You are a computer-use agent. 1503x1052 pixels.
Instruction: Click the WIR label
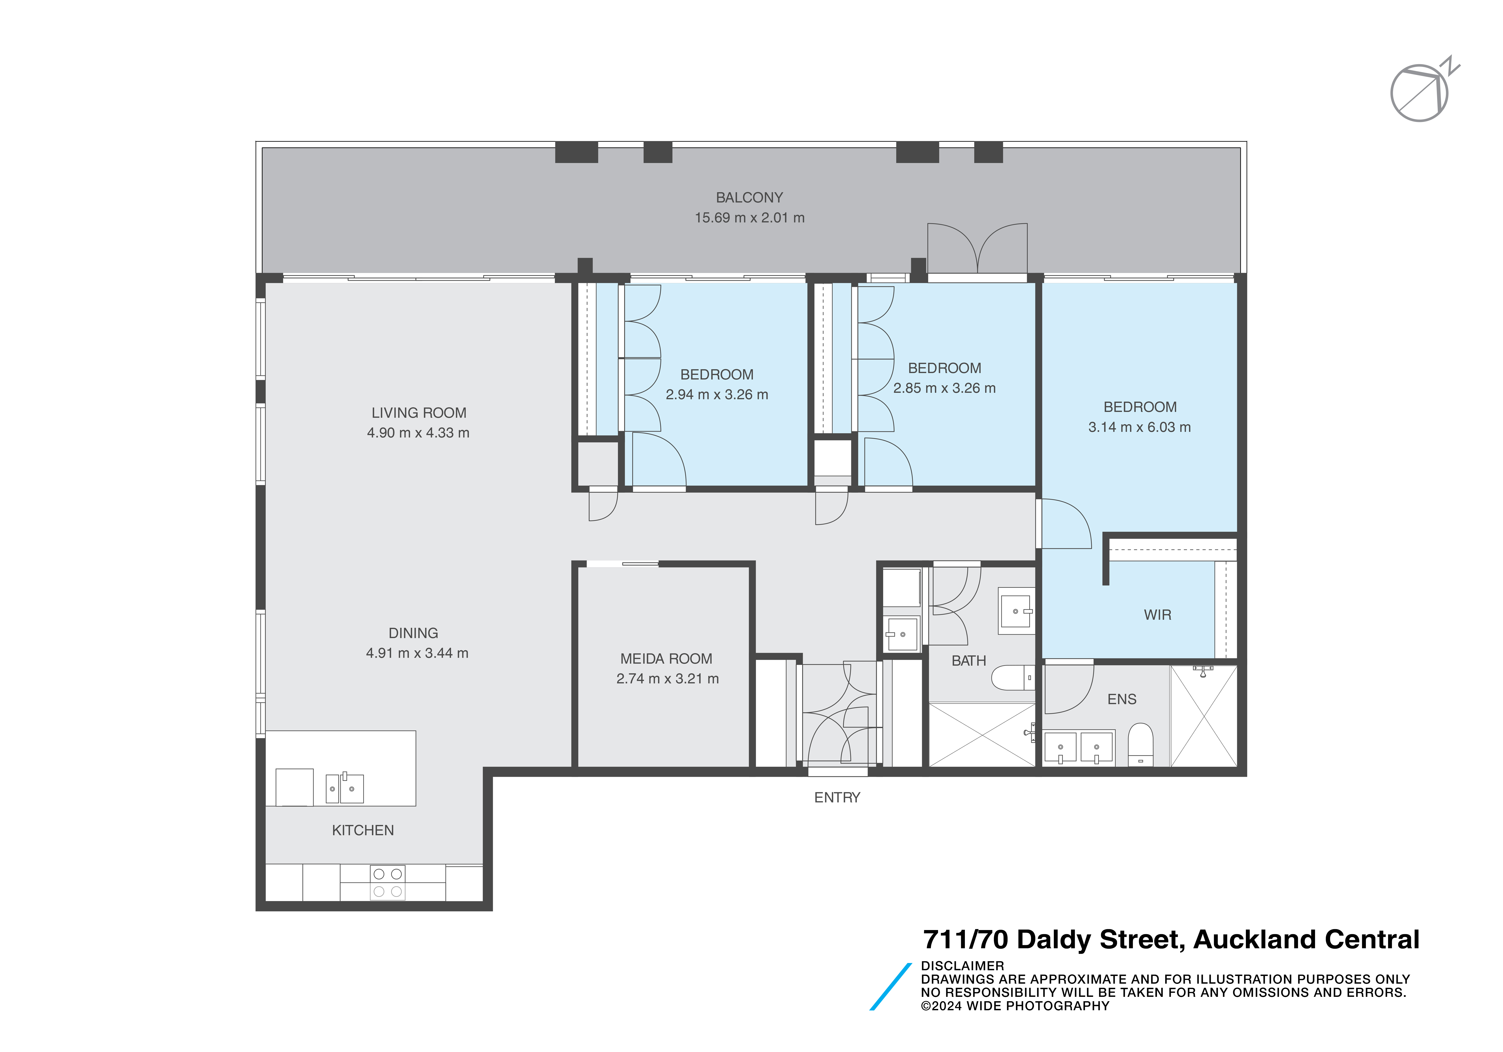click(x=1157, y=615)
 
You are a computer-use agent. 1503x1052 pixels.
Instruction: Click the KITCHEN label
click(x=363, y=830)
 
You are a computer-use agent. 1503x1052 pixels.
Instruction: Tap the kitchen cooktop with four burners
click(x=388, y=882)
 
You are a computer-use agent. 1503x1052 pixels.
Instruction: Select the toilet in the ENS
click(x=1140, y=744)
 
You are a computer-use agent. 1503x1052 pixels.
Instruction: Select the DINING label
click(x=413, y=633)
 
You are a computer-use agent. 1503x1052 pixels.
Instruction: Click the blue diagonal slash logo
click(x=890, y=987)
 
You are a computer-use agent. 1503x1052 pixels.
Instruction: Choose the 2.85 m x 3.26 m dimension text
click(x=944, y=388)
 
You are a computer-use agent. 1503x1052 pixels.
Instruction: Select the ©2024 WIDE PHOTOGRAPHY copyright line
click(x=1015, y=1006)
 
